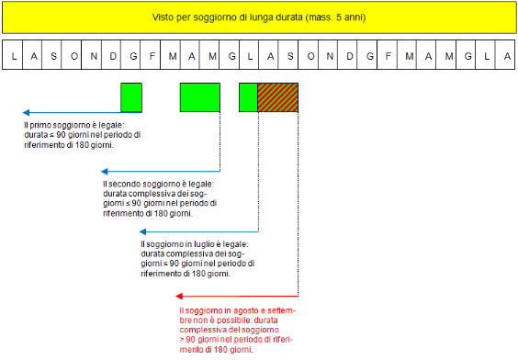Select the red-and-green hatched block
278,97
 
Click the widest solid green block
200,97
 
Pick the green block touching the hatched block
248,97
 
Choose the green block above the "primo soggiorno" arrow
131,97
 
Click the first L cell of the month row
14,56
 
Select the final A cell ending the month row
507,56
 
